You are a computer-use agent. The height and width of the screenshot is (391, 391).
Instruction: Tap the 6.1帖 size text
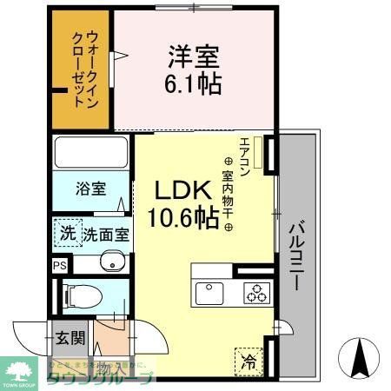[195, 84]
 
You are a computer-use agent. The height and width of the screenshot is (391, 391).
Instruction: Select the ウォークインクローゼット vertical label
[84, 68]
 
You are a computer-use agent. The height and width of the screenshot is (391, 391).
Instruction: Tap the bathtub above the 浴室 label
[89, 154]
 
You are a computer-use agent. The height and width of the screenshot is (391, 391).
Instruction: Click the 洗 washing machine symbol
[67, 232]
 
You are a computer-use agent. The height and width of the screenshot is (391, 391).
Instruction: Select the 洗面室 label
[106, 234]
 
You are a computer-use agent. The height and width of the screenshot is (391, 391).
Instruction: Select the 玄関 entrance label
[70, 338]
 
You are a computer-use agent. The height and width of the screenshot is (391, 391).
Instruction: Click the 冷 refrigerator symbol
[249, 356]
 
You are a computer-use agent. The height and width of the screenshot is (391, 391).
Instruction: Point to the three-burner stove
[255, 293]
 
